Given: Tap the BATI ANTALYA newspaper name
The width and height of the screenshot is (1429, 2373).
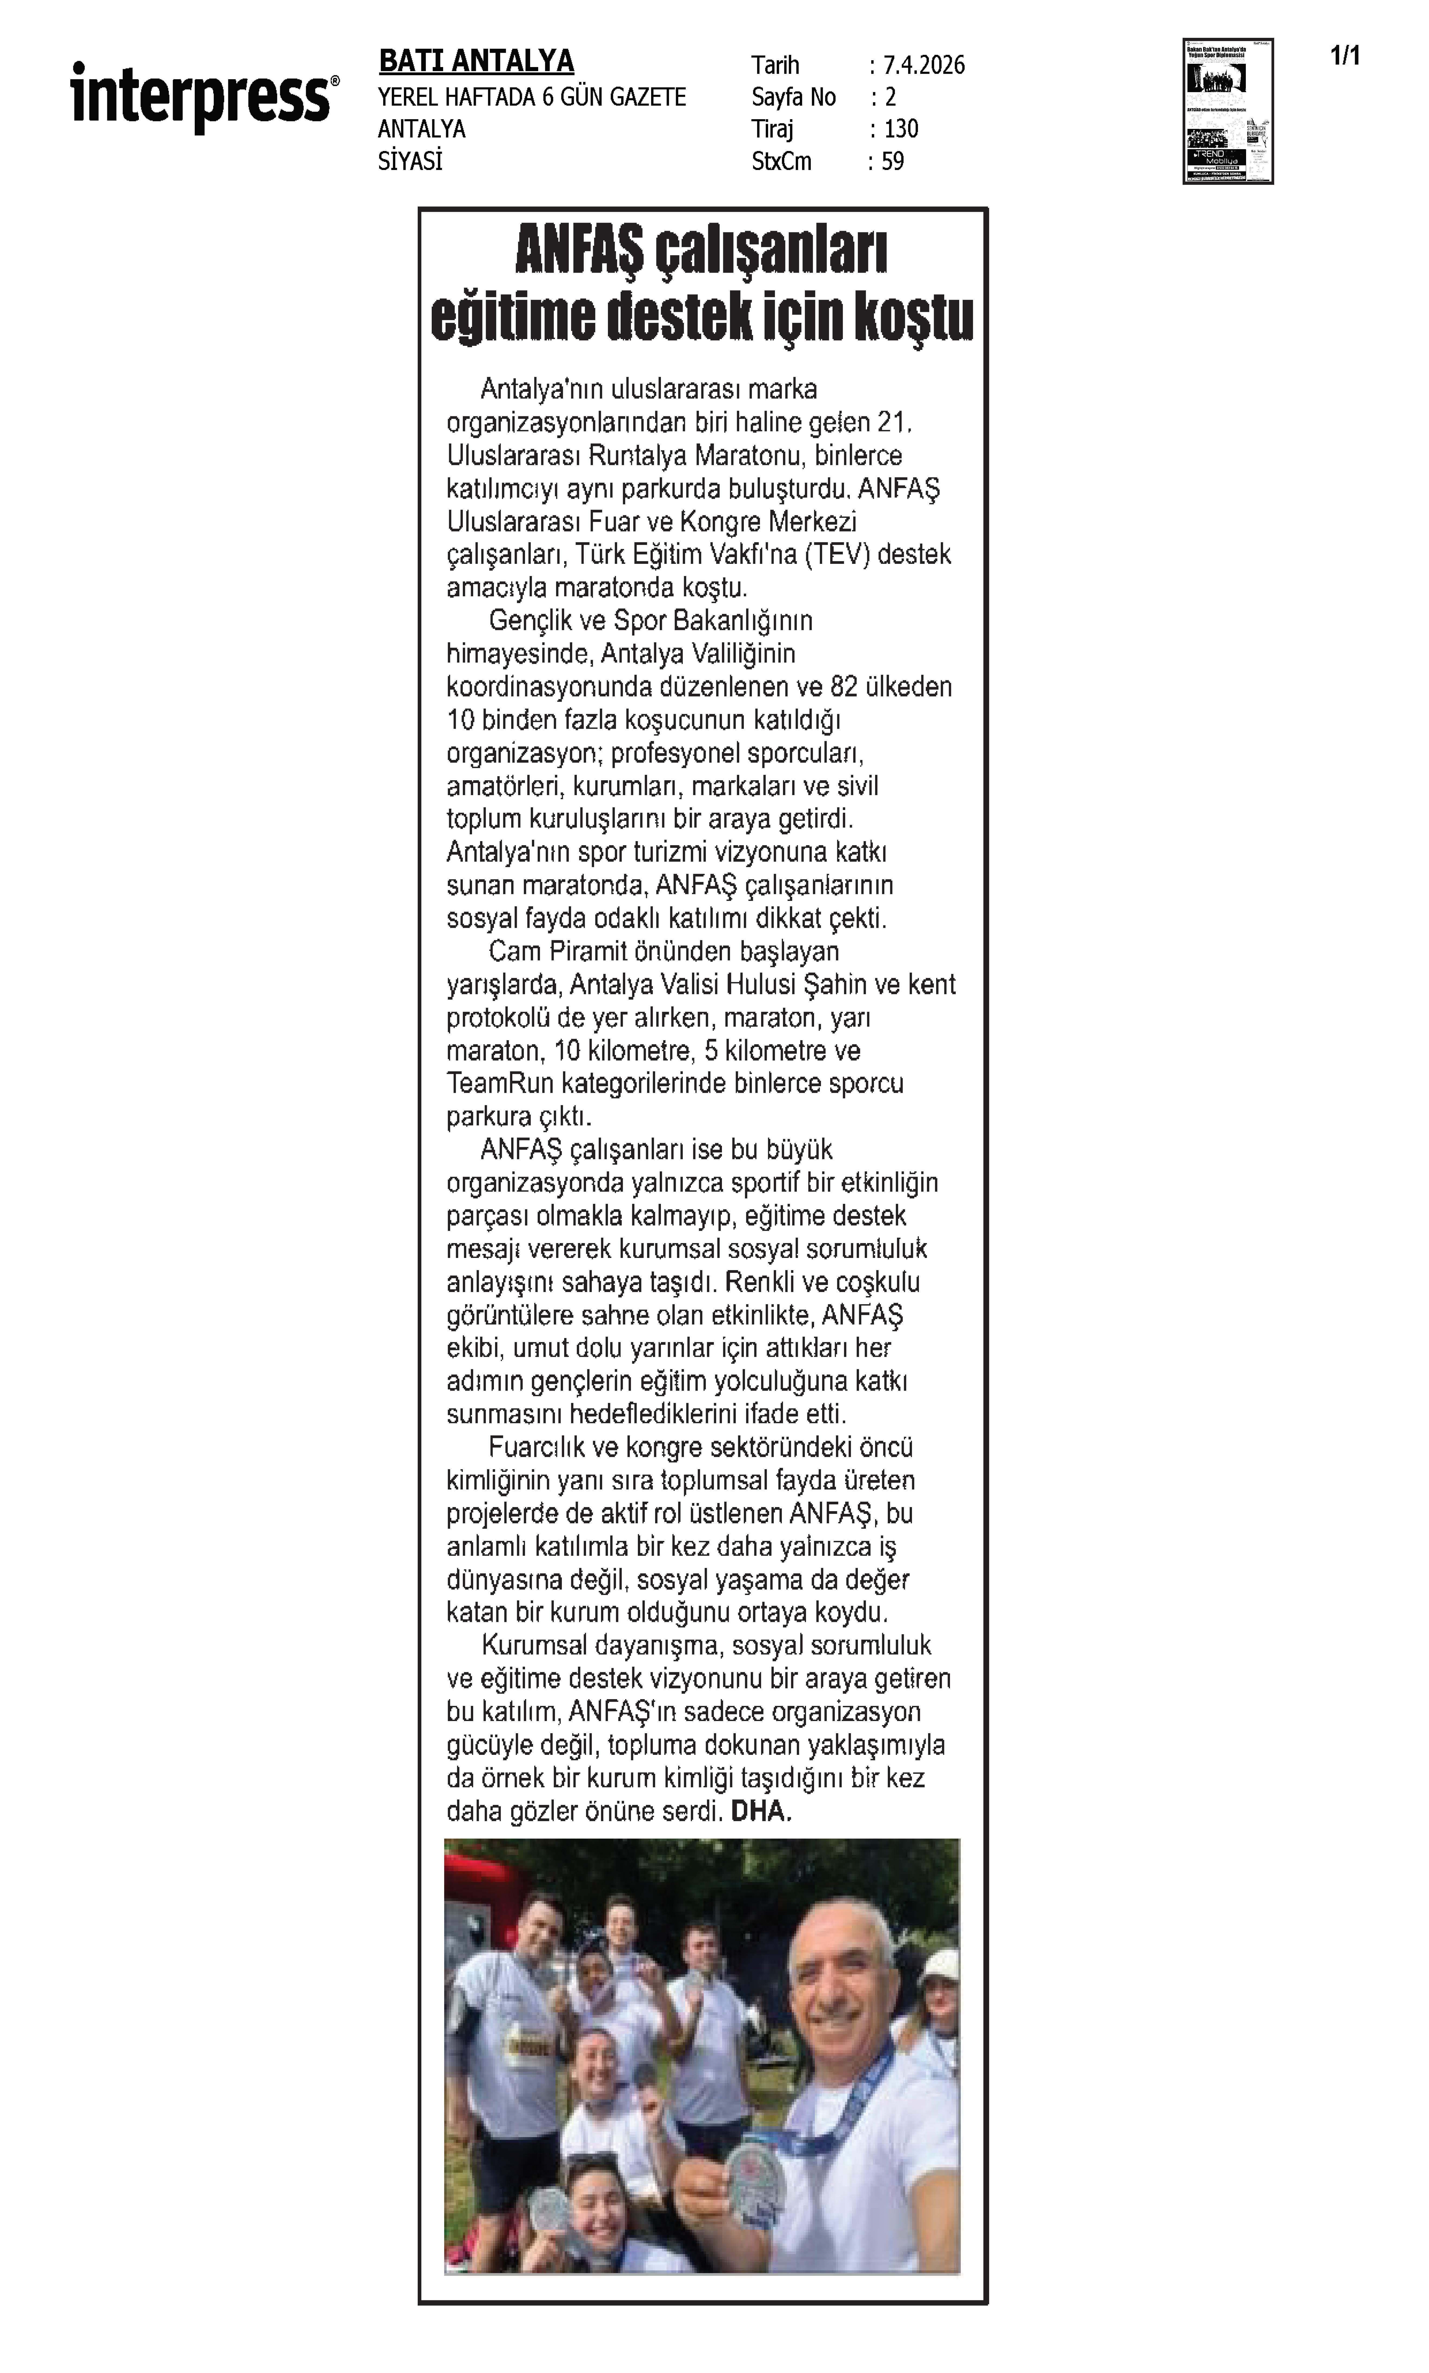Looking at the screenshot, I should pos(476,62).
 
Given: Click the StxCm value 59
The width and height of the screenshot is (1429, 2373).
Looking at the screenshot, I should pos(893,162).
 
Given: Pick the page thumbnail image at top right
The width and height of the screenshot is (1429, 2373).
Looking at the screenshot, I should pos(1228,111).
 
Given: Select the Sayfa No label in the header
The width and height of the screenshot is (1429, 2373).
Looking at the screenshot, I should pos(794,97).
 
